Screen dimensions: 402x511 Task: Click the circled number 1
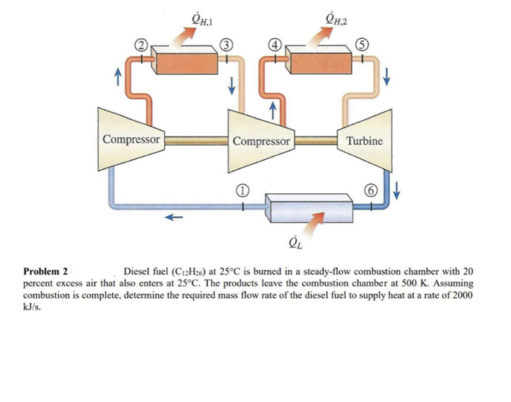[x=241, y=190]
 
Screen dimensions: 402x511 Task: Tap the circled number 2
[x=139, y=42]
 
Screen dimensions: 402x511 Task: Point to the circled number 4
[x=275, y=42]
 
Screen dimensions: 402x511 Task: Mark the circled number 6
[x=369, y=190]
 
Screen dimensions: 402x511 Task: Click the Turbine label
[x=365, y=140]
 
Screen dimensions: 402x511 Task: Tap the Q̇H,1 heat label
[x=192, y=13]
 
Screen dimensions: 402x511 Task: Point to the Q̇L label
[x=295, y=242]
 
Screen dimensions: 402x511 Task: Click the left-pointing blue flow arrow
[x=174, y=218]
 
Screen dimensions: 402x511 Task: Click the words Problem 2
[x=46, y=271]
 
